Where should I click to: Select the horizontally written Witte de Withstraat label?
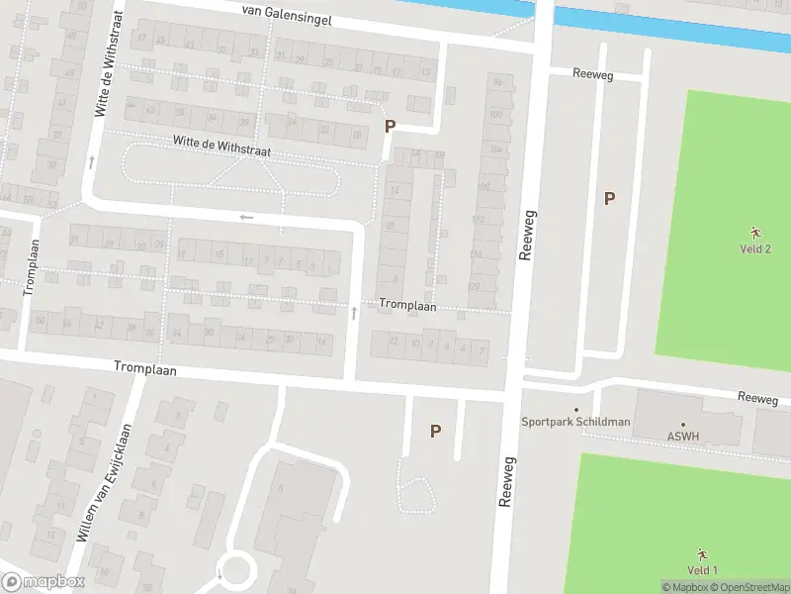(x=221, y=146)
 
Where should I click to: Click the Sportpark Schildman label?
(x=575, y=422)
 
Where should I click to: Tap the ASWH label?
(x=682, y=435)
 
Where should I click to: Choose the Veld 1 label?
(x=701, y=569)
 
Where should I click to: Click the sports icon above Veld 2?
(x=755, y=232)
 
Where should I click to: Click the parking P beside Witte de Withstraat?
(x=390, y=127)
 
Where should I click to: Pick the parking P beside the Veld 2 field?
(x=610, y=198)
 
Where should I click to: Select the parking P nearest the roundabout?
(x=434, y=431)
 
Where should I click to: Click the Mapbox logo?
(x=44, y=582)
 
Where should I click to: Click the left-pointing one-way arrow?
(x=246, y=217)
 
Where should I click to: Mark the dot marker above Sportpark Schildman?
(x=576, y=409)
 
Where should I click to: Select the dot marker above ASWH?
(x=682, y=423)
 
